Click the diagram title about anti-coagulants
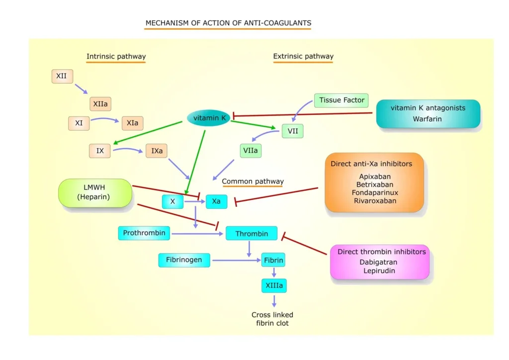point(228,23)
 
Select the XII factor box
point(62,77)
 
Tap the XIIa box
point(100,104)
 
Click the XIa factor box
point(132,123)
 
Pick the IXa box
point(156,151)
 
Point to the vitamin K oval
point(209,118)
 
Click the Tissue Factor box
point(341,100)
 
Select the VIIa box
point(251,151)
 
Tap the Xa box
point(216,201)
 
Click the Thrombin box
point(252,233)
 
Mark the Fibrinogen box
point(184,260)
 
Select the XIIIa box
point(274,285)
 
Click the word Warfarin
point(427,119)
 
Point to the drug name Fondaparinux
point(375,192)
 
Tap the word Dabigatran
point(378,262)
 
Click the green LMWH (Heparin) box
point(95,193)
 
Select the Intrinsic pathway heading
point(116,56)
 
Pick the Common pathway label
point(253,181)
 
